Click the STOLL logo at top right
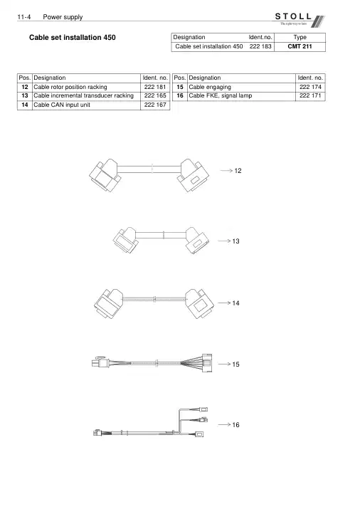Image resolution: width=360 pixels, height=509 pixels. pyautogui.click(x=299, y=20)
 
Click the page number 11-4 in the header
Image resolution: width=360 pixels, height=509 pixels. pyautogui.click(x=24, y=17)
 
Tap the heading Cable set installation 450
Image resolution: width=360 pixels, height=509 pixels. pyautogui.click(x=73, y=38)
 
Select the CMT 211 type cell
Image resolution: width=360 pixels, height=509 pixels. pyautogui.click(x=300, y=46)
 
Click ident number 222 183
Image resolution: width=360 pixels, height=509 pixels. pyautogui.click(x=260, y=46)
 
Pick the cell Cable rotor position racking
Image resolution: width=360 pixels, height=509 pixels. pyautogui.click(x=70, y=87)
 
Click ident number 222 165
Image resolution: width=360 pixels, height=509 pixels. pyautogui.click(x=155, y=96)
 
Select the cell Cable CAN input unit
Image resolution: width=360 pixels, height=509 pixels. pyautogui.click(x=62, y=105)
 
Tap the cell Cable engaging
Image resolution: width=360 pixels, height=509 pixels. pyautogui.click(x=210, y=87)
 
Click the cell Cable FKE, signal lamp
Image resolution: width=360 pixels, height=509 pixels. pyautogui.click(x=221, y=96)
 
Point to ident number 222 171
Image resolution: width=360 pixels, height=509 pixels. pyautogui.click(x=310, y=96)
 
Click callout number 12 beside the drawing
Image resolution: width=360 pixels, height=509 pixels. pyautogui.click(x=238, y=171)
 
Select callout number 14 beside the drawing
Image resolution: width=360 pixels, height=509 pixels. pyautogui.click(x=235, y=303)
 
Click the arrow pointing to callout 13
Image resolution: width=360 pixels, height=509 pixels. pyautogui.click(x=224, y=241)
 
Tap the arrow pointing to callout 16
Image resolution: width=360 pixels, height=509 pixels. pyautogui.click(x=224, y=424)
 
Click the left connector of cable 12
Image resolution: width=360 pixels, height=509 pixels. pyautogui.click(x=105, y=175)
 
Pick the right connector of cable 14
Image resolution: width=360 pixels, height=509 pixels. pyautogui.click(x=199, y=303)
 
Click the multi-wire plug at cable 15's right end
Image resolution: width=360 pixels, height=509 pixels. pyautogui.click(x=207, y=363)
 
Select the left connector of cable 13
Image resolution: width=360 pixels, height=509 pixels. pyautogui.click(x=125, y=240)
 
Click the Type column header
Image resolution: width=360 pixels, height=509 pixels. pyautogui.click(x=300, y=37)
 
